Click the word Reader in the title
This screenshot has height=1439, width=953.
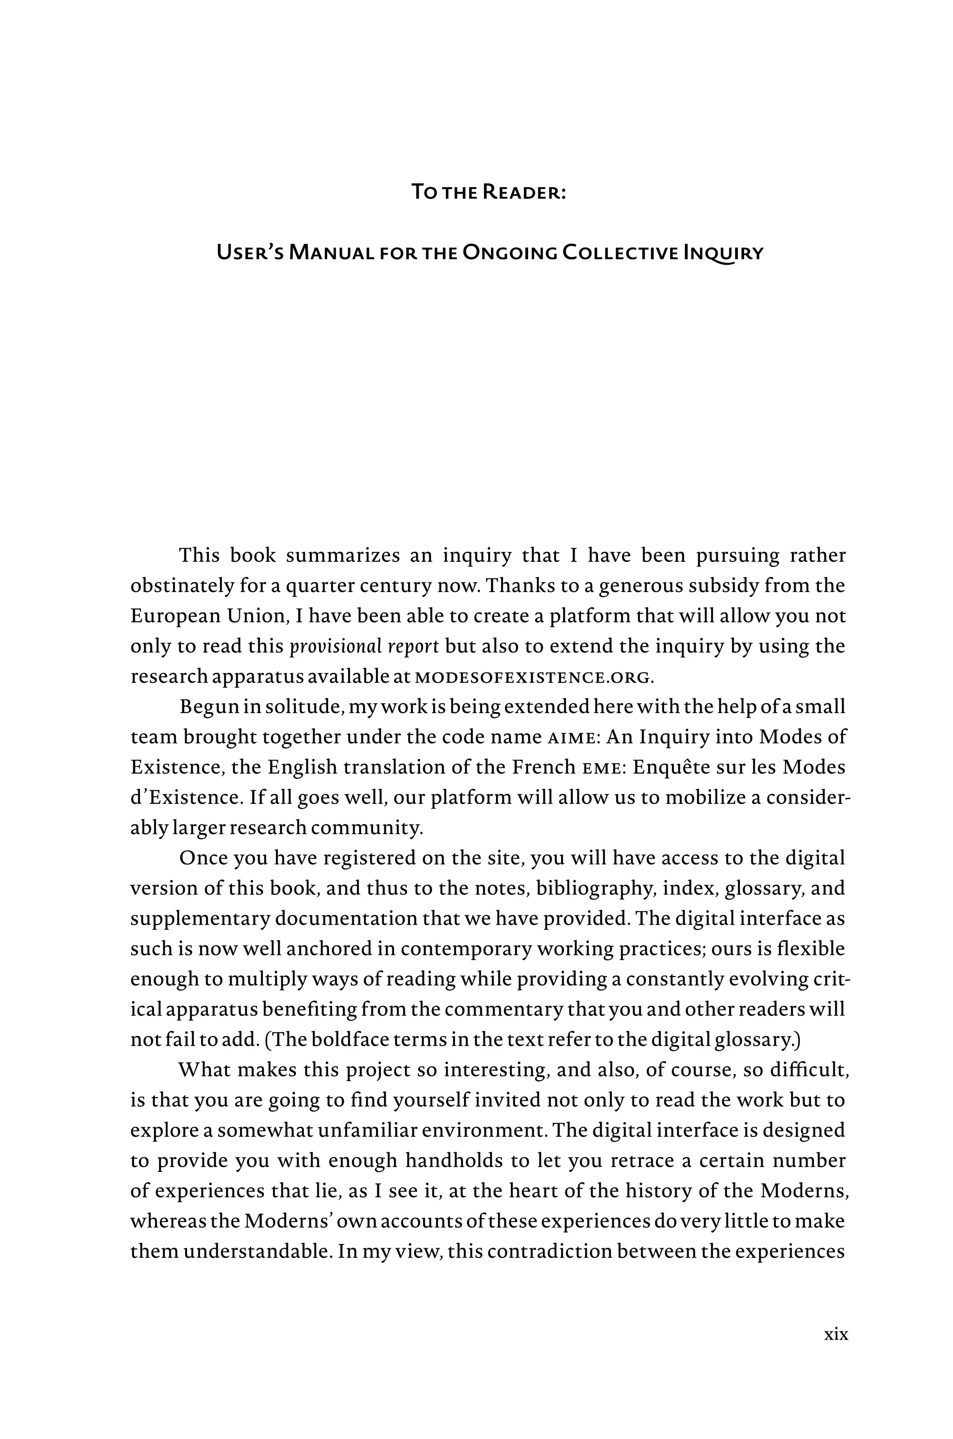point(523,192)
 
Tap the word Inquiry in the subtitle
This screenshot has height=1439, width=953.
point(723,252)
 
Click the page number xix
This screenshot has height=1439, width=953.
point(836,1334)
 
